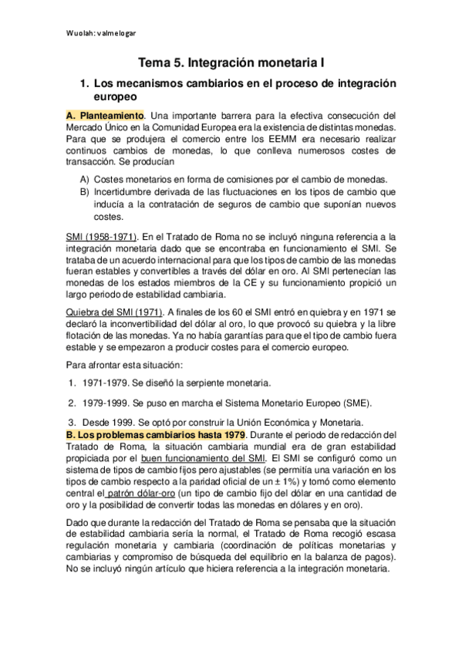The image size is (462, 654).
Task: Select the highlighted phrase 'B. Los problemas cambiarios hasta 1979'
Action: [x=147, y=435]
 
